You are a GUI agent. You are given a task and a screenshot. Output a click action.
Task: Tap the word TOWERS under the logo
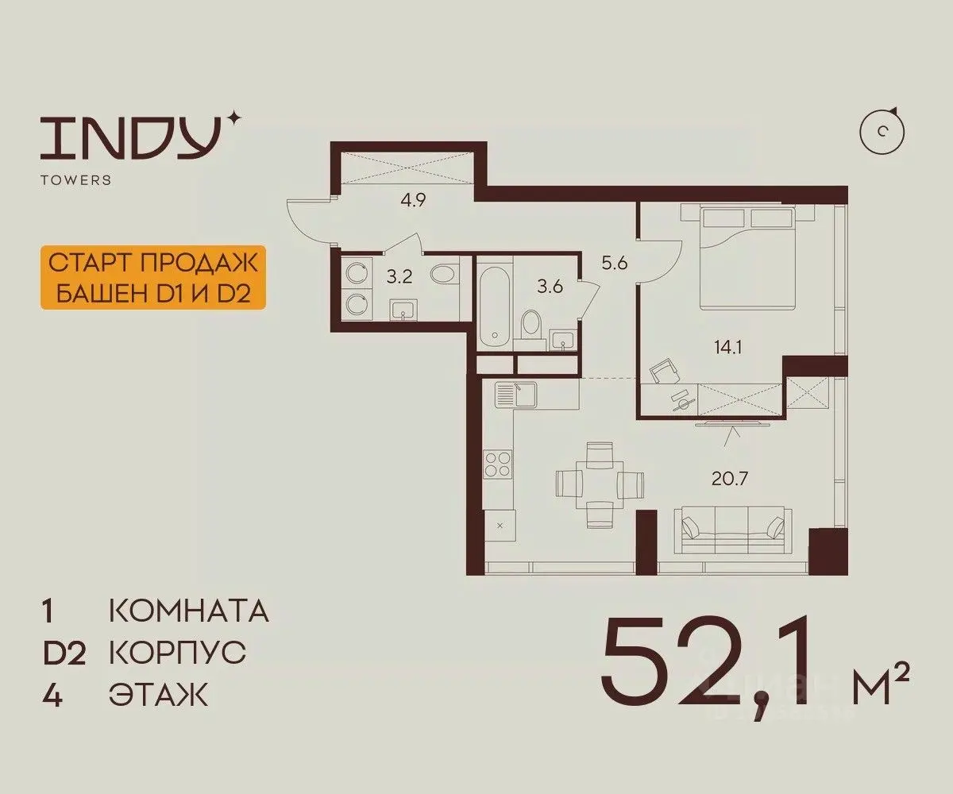click(76, 180)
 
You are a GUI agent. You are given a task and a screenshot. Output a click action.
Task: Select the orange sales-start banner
click(153, 278)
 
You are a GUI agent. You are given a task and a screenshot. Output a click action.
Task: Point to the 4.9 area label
click(413, 200)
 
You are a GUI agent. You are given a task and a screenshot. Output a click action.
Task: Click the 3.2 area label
click(399, 277)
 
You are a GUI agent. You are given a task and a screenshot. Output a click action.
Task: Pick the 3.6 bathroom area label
click(550, 287)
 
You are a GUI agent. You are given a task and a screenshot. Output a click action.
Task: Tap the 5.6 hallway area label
click(615, 264)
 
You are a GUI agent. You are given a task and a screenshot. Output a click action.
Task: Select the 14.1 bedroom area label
click(728, 349)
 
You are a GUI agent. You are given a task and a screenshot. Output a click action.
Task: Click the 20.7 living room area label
click(729, 479)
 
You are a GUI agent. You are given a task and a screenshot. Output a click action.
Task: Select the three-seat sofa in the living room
click(733, 530)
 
